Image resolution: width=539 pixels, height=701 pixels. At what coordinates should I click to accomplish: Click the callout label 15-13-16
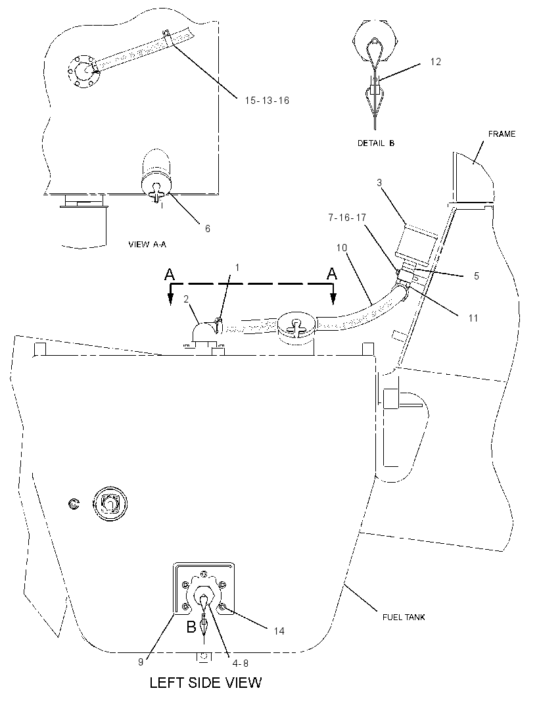(x=267, y=101)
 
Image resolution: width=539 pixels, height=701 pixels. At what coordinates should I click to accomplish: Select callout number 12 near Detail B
(x=435, y=62)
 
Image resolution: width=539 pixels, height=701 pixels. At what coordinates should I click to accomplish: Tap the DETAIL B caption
(x=376, y=143)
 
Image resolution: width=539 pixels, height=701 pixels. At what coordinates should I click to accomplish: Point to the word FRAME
(x=502, y=133)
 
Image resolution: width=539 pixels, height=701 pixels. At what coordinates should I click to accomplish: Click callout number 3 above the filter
(x=379, y=182)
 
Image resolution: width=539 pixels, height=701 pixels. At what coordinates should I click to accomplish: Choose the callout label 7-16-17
(x=347, y=217)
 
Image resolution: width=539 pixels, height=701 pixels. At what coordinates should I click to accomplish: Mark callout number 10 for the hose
(x=342, y=248)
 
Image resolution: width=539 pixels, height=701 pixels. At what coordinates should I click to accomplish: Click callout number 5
(x=477, y=276)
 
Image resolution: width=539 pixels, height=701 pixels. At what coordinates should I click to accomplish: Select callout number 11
(x=473, y=318)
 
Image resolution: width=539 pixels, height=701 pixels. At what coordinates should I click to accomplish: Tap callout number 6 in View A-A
(x=207, y=228)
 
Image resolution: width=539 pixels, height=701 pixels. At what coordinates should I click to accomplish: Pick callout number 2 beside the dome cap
(x=187, y=299)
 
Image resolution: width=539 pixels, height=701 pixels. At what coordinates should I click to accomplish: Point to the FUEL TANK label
(x=404, y=617)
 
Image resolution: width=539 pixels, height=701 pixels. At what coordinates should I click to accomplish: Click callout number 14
(x=279, y=631)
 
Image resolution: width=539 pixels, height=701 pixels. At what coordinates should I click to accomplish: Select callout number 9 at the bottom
(x=141, y=662)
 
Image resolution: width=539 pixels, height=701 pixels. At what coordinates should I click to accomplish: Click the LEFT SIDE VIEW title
(x=206, y=682)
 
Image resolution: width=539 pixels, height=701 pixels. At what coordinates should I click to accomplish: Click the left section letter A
(x=170, y=274)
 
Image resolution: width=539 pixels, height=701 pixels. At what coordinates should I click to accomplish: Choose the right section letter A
(x=332, y=274)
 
